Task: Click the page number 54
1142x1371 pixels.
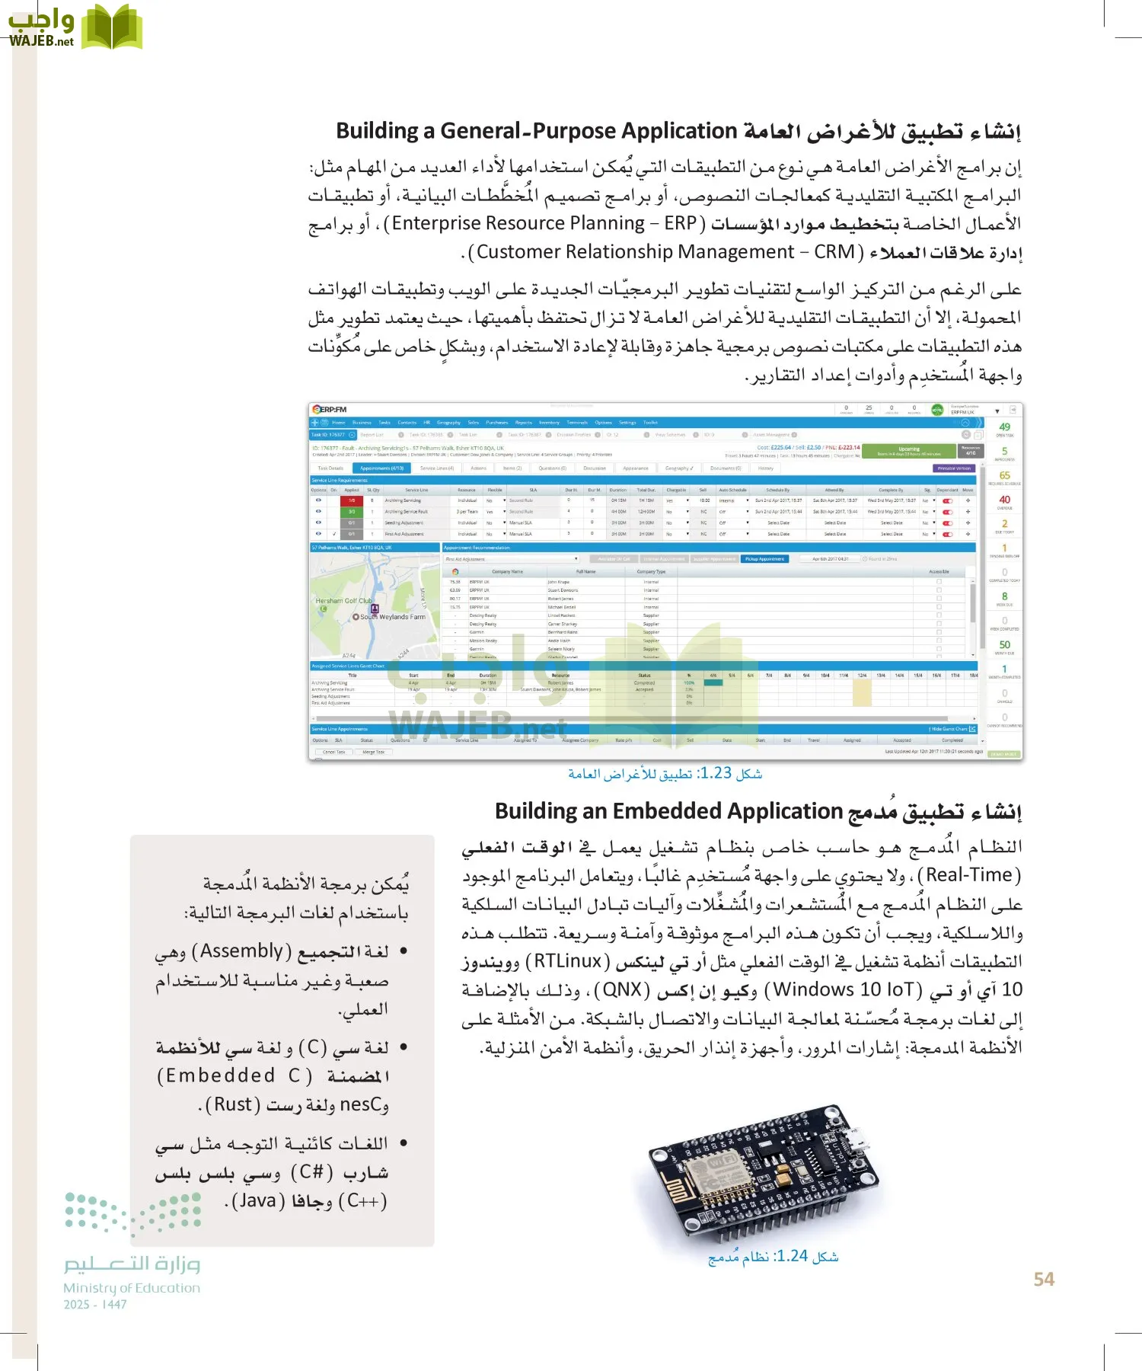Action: coord(1044,1280)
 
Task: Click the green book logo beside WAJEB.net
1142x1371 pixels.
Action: coord(112,27)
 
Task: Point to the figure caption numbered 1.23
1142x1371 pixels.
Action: coord(665,773)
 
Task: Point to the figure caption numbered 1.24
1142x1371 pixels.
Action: coord(773,1256)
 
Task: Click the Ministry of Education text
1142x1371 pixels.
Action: coord(132,1288)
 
